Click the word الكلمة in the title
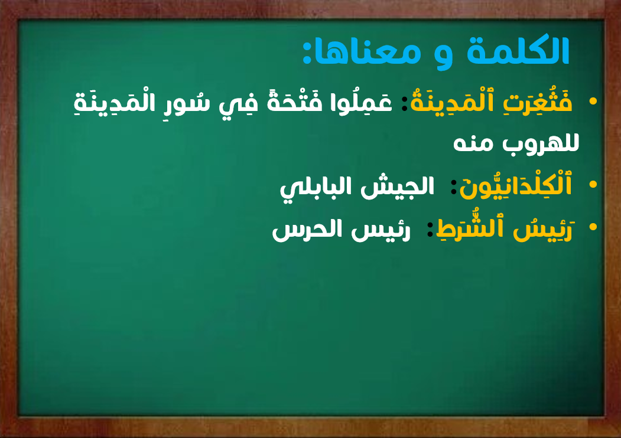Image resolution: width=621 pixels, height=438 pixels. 518,50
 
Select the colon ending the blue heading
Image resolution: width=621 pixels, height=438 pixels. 307,51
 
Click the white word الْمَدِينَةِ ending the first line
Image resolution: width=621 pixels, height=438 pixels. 114,102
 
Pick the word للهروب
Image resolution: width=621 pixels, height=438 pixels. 541,143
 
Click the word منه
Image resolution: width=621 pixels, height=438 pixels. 473,143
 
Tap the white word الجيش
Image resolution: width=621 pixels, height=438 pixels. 397,185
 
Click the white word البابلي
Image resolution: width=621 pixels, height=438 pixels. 316,187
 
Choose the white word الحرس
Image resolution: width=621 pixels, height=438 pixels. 307,230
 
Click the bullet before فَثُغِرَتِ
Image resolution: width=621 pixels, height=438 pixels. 593,102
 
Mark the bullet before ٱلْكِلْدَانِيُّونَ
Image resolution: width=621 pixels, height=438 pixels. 593,184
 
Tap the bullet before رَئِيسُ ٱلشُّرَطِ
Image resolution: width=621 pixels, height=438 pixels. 593,227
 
